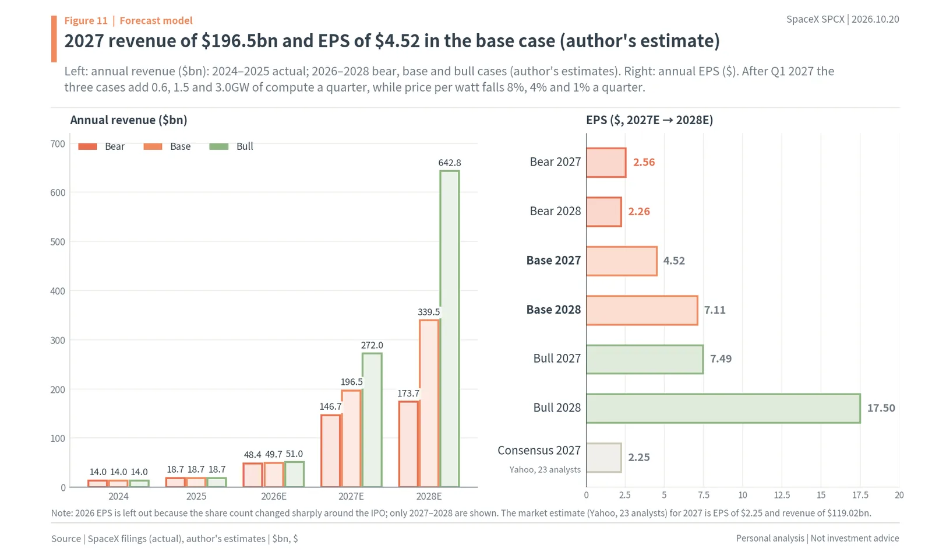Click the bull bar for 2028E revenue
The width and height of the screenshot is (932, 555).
pyautogui.click(x=450, y=328)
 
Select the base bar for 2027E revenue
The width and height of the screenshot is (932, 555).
pyautogui.click(x=351, y=438)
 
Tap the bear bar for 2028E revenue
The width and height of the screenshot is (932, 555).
pyautogui.click(x=408, y=444)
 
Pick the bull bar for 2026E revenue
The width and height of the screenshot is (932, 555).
pyautogui.click(x=294, y=474)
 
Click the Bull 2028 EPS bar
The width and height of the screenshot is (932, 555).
pyautogui.click(x=723, y=409)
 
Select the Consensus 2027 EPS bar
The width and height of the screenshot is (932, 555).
pyautogui.click(x=603, y=458)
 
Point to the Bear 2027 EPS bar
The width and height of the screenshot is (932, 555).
pyautogui.click(x=606, y=163)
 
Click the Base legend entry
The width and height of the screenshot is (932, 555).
pyautogui.click(x=167, y=146)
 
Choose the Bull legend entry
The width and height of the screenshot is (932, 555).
pyautogui.click(x=231, y=146)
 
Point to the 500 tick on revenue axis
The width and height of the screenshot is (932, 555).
pyautogui.click(x=58, y=242)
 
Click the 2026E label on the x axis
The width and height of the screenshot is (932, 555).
pyautogui.click(x=274, y=496)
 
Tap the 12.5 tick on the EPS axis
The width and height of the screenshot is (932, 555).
pyautogui.click(x=782, y=495)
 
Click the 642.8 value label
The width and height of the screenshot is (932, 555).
pyautogui.click(x=450, y=163)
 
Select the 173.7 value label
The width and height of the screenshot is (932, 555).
pyautogui.click(x=408, y=394)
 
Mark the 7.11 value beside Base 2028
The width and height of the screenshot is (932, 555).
pyautogui.click(x=715, y=310)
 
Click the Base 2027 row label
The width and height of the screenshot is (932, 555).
pyautogui.click(x=553, y=261)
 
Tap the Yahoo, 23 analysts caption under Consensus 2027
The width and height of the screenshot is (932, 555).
pyautogui.click(x=545, y=470)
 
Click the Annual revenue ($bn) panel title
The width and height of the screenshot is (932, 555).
pyautogui.click(x=129, y=120)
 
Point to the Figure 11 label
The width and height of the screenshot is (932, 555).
pyautogui.click(x=86, y=20)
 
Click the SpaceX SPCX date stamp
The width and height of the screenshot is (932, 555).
pyautogui.click(x=842, y=20)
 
